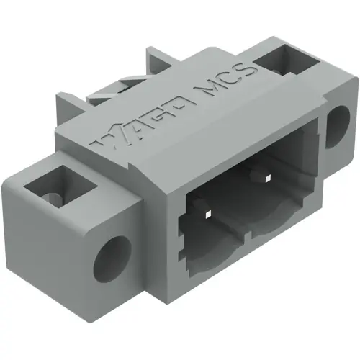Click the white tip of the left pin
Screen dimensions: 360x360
pos(207,214)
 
